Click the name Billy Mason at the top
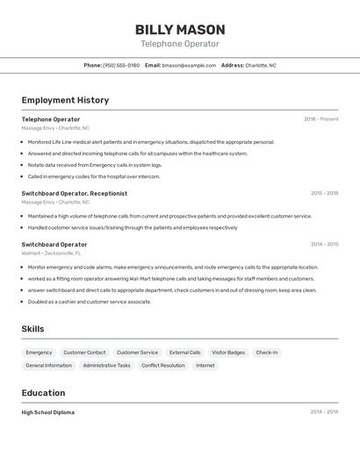180,29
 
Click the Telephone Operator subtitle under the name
180,44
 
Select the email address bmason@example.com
189,65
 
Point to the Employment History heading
65,100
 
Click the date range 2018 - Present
320,119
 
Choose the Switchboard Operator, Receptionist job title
75,193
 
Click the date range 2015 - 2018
324,193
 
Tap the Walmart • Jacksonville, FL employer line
51,253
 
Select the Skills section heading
33,329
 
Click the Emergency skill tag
39,353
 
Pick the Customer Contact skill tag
84,353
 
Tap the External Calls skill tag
184,353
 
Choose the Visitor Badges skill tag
228,353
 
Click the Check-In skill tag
267,353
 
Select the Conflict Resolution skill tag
163,365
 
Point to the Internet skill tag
205,365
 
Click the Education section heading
43,393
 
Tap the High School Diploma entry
48,412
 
